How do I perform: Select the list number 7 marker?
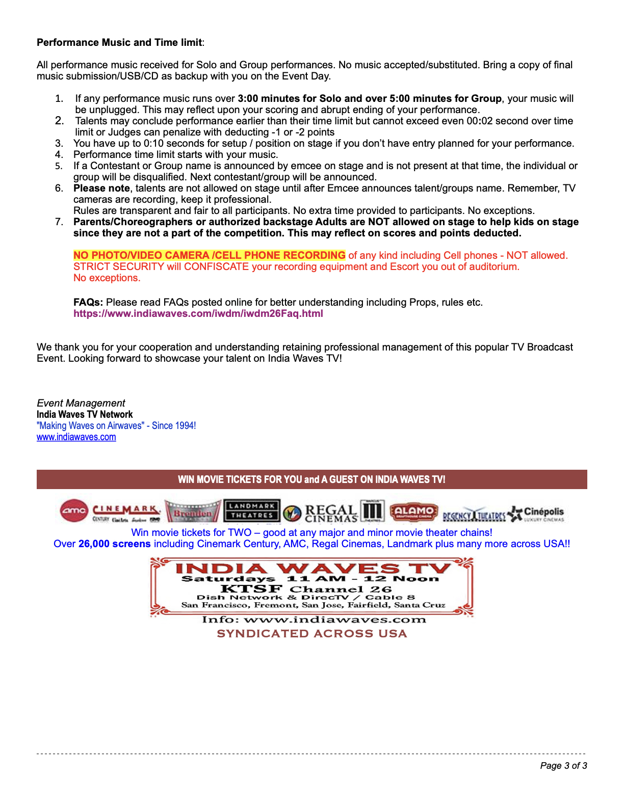coord(59,222)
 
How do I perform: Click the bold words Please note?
coord(101,188)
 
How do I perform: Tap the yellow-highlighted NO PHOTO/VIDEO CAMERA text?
coord(209,255)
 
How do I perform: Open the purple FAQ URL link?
coord(198,313)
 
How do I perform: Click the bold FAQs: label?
coord(88,302)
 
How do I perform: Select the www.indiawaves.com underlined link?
coord(76,437)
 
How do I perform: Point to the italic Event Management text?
coord(81,403)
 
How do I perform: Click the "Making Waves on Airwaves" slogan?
coord(116,425)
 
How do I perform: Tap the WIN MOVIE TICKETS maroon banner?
coord(311,479)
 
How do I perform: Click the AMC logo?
coord(74,511)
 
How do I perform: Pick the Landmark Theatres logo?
coord(252,511)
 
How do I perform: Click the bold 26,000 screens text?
coord(114,544)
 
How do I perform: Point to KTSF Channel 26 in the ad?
coord(306,589)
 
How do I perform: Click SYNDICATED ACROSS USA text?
coord(311,633)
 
